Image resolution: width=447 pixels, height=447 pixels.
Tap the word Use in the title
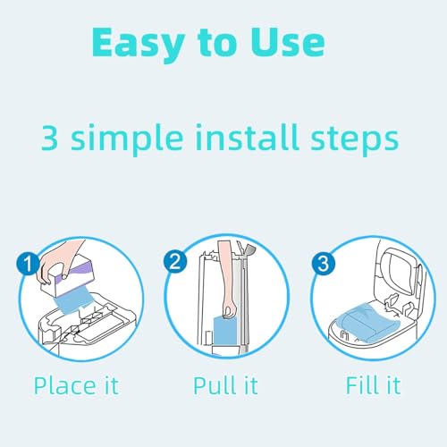pos(287,42)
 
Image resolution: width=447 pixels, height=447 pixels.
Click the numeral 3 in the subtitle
pos(49,138)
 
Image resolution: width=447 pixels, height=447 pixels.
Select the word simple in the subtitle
pos(127,139)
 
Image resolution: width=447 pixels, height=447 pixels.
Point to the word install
pos(247,137)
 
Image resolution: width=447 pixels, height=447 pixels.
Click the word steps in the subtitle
pos(354,140)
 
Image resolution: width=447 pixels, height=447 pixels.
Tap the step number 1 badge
pos(28,263)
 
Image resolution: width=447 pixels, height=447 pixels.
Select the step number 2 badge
pos(175,262)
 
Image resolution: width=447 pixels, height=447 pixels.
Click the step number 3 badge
pos(324,263)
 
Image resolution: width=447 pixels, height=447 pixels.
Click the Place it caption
pos(77,385)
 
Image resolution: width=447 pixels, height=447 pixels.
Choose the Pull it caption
pos(225,385)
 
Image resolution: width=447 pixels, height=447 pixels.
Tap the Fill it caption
pos(373,385)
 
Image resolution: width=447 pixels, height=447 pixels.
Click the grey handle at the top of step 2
pos(249,250)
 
